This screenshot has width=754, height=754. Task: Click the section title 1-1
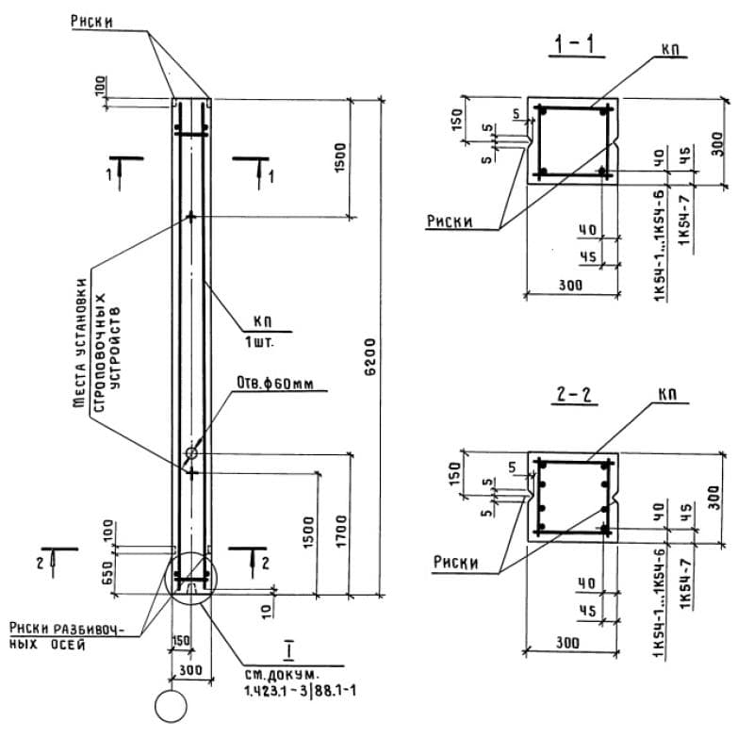(x=575, y=43)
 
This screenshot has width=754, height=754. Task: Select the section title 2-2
(x=575, y=395)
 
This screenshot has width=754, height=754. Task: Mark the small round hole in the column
(x=192, y=453)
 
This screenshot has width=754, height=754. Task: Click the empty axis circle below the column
(x=172, y=706)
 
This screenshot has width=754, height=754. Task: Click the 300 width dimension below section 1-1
(x=568, y=284)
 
